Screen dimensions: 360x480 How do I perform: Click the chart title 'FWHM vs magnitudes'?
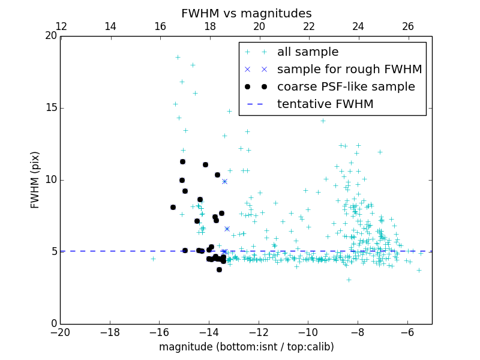click(246, 13)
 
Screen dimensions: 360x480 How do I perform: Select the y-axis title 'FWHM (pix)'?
click(35, 180)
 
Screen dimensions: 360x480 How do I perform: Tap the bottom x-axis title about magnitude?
click(246, 347)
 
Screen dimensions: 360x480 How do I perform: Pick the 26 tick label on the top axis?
click(408, 26)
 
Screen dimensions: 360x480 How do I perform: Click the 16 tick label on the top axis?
click(160, 26)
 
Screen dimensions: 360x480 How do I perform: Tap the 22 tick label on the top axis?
click(309, 26)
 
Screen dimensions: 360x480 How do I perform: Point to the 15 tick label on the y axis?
click(50, 108)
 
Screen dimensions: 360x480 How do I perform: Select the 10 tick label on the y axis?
click(50, 180)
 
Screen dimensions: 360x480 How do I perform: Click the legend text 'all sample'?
click(307, 52)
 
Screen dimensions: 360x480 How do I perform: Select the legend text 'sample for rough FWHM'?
click(349, 70)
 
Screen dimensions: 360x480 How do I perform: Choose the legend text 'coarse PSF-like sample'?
click(346, 87)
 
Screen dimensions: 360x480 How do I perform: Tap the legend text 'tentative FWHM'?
click(325, 104)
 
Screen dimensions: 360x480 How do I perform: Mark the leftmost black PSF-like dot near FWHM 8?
click(173, 207)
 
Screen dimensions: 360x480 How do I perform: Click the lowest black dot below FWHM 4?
click(219, 269)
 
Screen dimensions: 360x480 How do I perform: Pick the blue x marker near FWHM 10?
click(224, 181)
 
